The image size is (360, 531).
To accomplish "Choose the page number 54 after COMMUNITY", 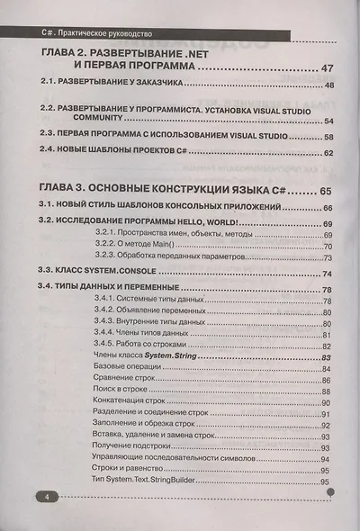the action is pos(329,121).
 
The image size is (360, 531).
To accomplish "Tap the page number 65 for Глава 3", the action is pos(325,191).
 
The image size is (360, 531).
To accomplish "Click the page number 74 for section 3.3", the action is pos(328,274).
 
